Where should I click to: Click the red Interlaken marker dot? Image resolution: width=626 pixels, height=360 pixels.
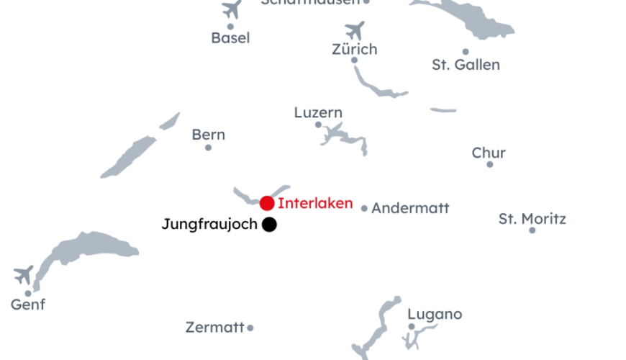tap(267, 203)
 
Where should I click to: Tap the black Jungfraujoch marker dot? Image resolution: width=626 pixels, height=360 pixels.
tap(269, 225)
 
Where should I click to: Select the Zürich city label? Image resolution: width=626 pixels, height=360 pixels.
tap(355, 50)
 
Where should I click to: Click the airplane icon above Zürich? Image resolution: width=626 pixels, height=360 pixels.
tap(355, 31)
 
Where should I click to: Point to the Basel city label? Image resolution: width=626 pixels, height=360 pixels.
tap(230, 38)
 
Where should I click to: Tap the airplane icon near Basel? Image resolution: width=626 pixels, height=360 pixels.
tap(231, 9)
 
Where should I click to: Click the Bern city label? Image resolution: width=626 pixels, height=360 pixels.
tap(209, 135)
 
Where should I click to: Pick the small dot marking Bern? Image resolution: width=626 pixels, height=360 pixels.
tap(209, 148)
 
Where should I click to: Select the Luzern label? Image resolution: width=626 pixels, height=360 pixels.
tap(318, 113)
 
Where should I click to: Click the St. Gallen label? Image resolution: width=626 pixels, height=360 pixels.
tap(466, 65)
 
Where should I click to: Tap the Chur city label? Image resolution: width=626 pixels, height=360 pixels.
tap(489, 153)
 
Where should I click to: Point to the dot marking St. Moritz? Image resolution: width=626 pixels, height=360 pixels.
tap(532, 230)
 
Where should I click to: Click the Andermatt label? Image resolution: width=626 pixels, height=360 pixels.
tap(410, 208)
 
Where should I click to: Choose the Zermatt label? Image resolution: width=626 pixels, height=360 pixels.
tap(215, 327)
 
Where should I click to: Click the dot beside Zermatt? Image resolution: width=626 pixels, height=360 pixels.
tap(250, 328)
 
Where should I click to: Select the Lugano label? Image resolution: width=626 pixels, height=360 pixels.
tap(435, 315)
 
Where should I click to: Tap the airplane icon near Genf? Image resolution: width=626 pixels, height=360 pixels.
tap(23, 274)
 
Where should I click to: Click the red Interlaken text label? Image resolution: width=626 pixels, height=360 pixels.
tap(315, 203)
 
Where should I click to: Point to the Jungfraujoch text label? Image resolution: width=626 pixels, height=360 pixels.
tap(209, 225)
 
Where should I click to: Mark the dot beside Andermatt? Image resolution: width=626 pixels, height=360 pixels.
tap(364, 209)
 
